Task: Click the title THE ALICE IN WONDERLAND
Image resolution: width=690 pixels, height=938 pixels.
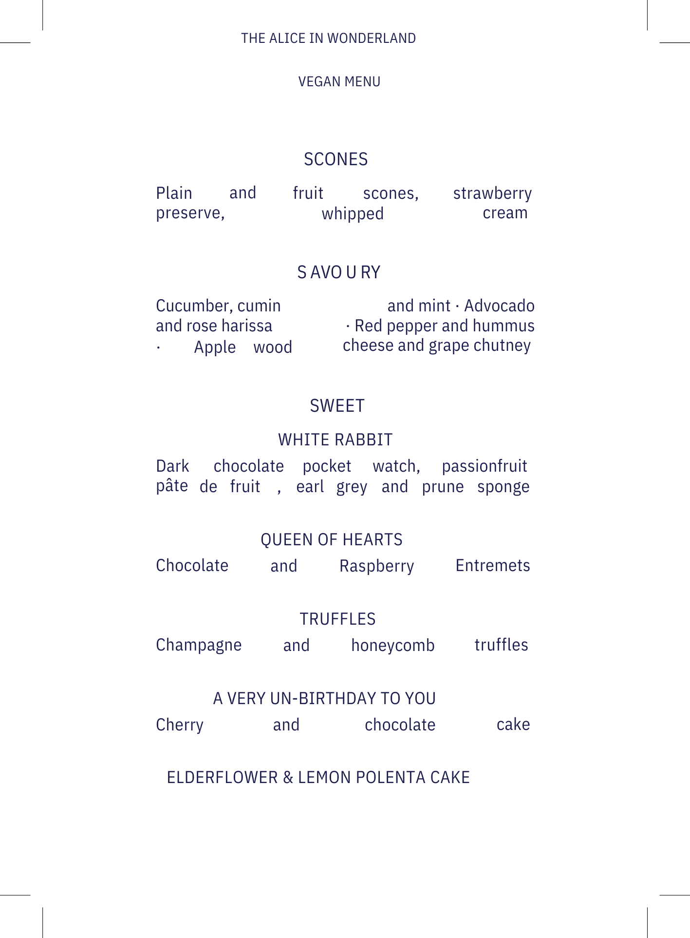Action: click(328, 38)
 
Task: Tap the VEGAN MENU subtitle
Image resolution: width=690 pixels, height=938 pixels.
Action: click(339, 81)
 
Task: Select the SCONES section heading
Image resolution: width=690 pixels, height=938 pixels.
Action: click(336, 159)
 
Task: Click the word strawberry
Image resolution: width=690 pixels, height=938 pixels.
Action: click(492, 193)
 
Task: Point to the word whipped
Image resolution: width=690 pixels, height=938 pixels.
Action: click(353, 214)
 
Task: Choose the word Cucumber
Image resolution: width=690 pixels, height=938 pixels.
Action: click(187, 306)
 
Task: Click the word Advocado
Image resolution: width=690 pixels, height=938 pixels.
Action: click(499, 306)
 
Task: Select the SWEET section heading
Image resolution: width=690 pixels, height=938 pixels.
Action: click(337, 406)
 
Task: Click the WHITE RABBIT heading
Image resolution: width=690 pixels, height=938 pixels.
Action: click(335, 440)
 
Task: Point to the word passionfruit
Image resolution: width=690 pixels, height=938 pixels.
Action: click(485, 466)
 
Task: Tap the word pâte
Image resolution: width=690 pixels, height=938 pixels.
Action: click(172, 486)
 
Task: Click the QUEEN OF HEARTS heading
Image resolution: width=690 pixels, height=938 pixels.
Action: click(332, 540)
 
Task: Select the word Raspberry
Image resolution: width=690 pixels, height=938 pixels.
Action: click(376, 566)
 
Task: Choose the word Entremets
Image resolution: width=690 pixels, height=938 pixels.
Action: click(493, 566)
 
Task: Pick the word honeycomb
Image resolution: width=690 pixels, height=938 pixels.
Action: click(392, 646)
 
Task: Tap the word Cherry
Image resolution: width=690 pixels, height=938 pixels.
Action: click(180, 725)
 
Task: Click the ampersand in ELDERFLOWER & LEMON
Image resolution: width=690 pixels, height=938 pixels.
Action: click(288, 778)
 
